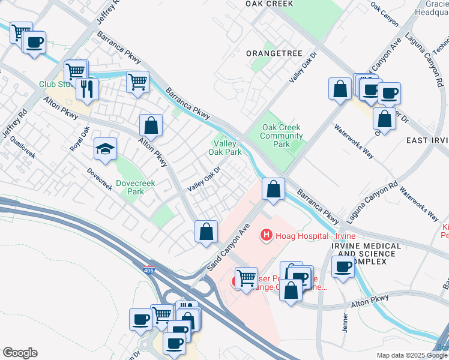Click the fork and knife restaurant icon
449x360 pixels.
[87, 89]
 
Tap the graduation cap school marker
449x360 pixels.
[105, 149]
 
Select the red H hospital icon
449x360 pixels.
[265, 235]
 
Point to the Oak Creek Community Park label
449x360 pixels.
[282, 136]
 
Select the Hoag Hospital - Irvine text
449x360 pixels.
[307, 235]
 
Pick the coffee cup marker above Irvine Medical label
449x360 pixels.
[343, 266]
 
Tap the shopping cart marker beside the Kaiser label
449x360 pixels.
[246, 278]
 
